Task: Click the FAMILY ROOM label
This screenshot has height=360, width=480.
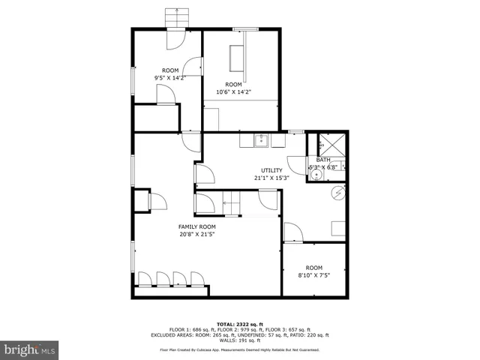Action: (196, 226)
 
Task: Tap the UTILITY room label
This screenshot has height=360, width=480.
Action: (271, 170)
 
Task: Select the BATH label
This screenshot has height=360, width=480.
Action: (323, 160)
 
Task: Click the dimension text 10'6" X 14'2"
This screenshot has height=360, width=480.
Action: (234, 92)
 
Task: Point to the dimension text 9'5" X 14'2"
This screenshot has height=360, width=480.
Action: (170, 77)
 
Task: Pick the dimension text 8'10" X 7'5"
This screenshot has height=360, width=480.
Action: (313, 275)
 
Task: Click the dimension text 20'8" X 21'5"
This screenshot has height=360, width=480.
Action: (196, 234)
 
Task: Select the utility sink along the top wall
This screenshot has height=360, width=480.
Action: (262, 139)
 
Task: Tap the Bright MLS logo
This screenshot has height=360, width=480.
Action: (29, 349)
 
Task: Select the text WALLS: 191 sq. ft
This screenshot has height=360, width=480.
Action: (240, 340)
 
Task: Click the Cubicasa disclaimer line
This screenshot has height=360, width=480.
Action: (240, 349)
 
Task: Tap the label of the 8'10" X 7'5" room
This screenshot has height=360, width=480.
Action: (313, 268)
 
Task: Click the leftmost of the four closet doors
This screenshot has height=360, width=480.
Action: (145, 279)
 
